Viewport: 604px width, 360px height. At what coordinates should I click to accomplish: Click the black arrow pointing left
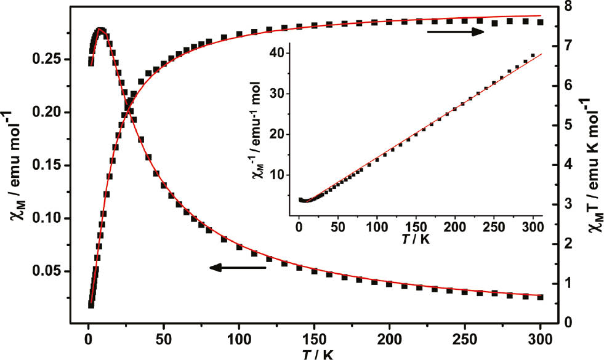[x=237, y=268]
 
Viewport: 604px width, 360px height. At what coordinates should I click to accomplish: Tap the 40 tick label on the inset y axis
[x=284, y=54]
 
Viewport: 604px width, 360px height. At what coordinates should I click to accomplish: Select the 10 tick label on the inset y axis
[x=284, y=175]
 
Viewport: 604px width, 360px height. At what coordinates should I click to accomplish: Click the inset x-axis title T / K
[x=415, y=239]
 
